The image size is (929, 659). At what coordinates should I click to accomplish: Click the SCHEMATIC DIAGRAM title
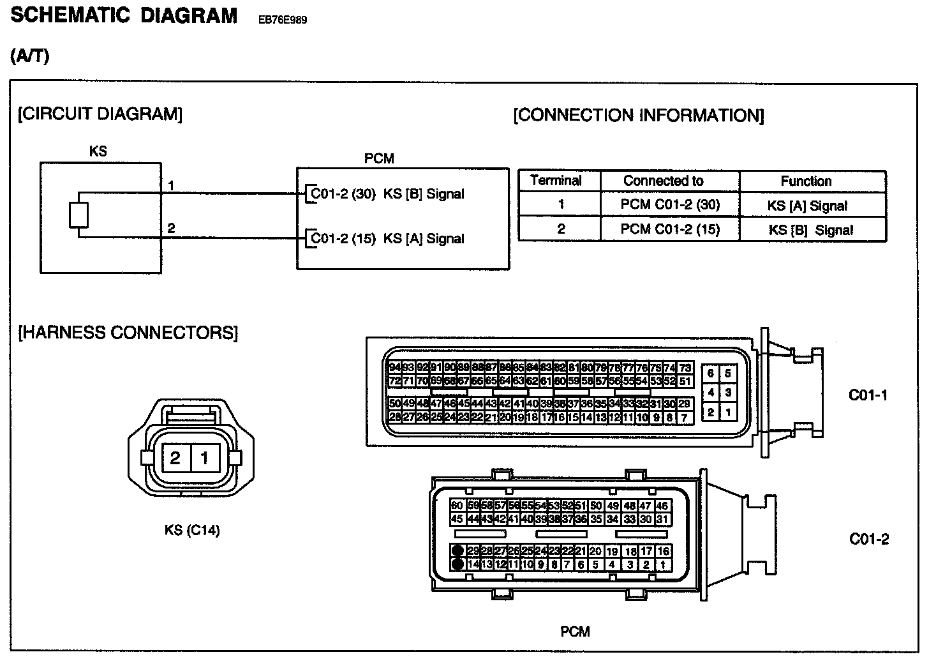[124, 16]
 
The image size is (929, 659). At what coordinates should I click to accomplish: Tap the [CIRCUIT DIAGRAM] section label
[100, 114]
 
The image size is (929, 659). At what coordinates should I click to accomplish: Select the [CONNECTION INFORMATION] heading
[638, 116]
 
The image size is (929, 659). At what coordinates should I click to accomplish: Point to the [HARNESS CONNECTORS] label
[128, 333]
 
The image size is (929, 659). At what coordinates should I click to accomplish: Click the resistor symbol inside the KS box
[78, 215]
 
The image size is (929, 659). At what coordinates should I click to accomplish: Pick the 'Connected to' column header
[663, 181]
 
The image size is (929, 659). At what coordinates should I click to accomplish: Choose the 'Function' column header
[806, 181]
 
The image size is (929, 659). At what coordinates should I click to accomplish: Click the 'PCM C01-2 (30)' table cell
[670, 205]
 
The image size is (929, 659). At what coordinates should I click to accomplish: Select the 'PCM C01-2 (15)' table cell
[670, 229]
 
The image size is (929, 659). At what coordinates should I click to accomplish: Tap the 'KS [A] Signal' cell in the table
[807, 206]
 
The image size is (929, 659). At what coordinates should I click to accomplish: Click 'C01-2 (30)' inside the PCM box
[343, 194]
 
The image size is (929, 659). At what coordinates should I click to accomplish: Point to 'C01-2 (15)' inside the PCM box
[343, 239]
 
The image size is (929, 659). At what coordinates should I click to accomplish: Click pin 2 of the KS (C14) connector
[175, 458]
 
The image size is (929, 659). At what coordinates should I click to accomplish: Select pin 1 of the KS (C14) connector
[205, 458]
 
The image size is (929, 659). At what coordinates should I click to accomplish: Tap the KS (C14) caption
[192, 531]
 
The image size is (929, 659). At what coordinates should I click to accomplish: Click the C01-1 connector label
[868, 395]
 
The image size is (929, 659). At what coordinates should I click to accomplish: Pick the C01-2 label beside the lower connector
[868, 540]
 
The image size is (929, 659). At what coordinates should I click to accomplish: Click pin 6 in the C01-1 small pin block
[710, 374]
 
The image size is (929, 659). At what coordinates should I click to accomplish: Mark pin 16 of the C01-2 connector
[663, 551]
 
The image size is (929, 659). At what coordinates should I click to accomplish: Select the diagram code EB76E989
[282, 20]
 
